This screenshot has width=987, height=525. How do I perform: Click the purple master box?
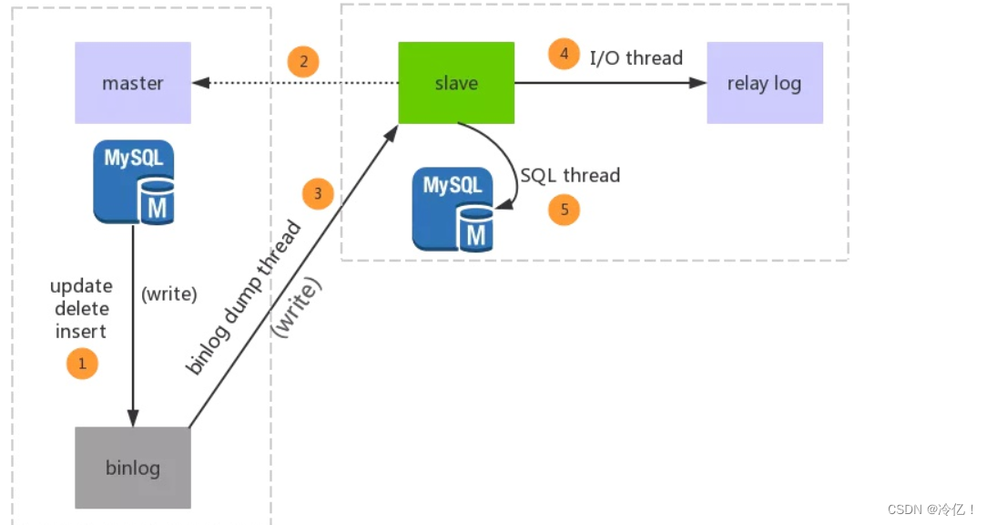coord(133,83)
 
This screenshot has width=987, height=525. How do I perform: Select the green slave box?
coord(456,83)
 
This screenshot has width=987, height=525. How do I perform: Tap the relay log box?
coord(765,83)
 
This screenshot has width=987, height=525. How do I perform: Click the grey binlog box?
coord(133,468)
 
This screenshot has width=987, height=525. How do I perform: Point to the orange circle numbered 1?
coord(82,365)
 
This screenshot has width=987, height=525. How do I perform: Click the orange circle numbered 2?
coord(303,62)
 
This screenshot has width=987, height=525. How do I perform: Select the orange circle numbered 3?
coord(318,193)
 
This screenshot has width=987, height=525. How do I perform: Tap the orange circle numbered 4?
coord(564,54)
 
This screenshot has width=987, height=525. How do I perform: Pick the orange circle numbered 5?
coord(564,210)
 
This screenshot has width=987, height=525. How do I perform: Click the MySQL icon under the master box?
coord(134,182)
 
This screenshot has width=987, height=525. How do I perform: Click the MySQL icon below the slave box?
coord(453,209)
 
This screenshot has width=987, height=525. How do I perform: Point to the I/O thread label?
coord(636,57)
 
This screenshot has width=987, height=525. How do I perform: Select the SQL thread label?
coord(570,175)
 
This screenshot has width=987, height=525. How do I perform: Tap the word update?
coord(81,286)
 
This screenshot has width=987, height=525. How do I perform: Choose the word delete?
coord(81,309)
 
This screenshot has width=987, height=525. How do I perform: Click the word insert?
coord(81,331)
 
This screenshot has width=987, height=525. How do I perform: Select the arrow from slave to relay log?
coord(610,83)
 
